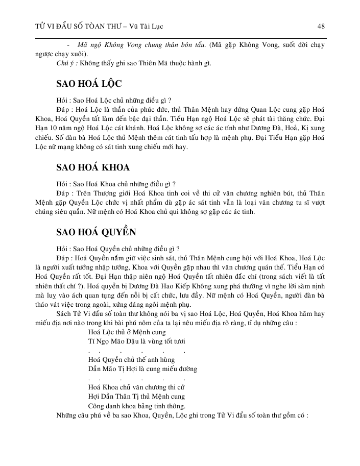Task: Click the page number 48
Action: click(x=321, y=26)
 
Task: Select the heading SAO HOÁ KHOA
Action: click(x=92, y=167)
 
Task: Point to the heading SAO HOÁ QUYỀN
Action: click(x=96, y=232)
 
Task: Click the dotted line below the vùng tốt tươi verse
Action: click(x=136, y=351)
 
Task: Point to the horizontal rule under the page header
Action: click(x=180, y=38)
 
